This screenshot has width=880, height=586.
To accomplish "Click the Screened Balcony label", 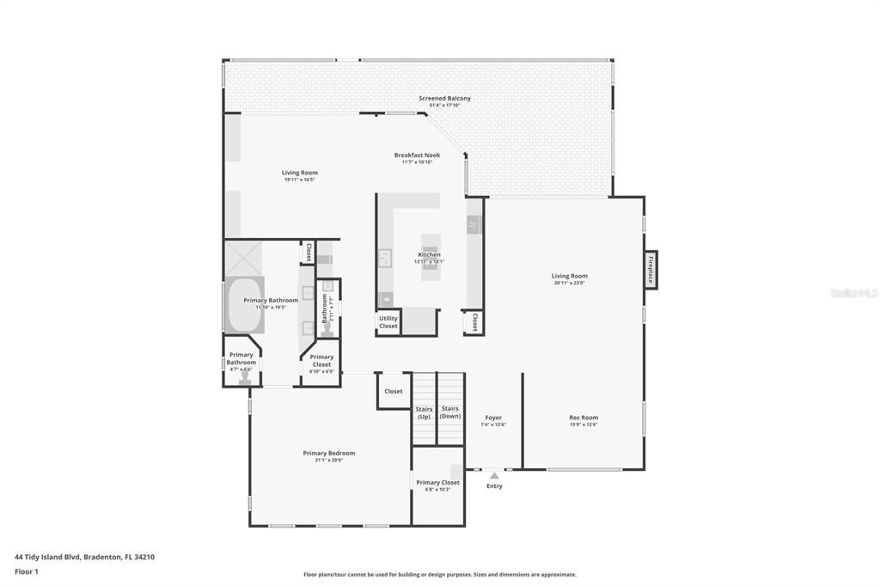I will click(x=444, y=99).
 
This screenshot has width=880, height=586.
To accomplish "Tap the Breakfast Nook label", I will click(x=417, y=156).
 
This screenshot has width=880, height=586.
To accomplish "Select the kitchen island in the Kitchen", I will click(x=429, y=253).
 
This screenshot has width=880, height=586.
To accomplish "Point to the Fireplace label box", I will click(x=651, y=270).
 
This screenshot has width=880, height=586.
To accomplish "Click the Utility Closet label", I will click(x=388, y=323).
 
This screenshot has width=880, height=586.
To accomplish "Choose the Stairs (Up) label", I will click(x=424, y=412).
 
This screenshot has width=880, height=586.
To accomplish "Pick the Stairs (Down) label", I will click(x=450, y=412).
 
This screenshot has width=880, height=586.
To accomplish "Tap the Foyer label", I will click(x=493, y=418).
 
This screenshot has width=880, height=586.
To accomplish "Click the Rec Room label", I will click(x=584, y=418).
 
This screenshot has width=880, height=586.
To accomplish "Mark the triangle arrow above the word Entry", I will click(x=493, y=473).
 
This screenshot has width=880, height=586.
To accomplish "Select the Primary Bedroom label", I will click(x=328, y=453).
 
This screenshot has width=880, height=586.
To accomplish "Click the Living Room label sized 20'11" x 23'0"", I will click(x=569, y=276).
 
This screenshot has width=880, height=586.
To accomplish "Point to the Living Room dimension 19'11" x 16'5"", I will click(x=300, y=180).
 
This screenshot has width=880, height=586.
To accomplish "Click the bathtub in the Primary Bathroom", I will click(x=243, y=305).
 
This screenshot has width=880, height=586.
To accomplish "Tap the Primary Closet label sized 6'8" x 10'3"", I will click(x=437, y=483).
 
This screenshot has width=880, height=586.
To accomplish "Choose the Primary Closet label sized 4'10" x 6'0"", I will click(x=321, y=360).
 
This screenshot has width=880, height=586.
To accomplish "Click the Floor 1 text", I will click(x=27, y=571).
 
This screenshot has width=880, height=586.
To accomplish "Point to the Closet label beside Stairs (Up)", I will click(x=393, y=391).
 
